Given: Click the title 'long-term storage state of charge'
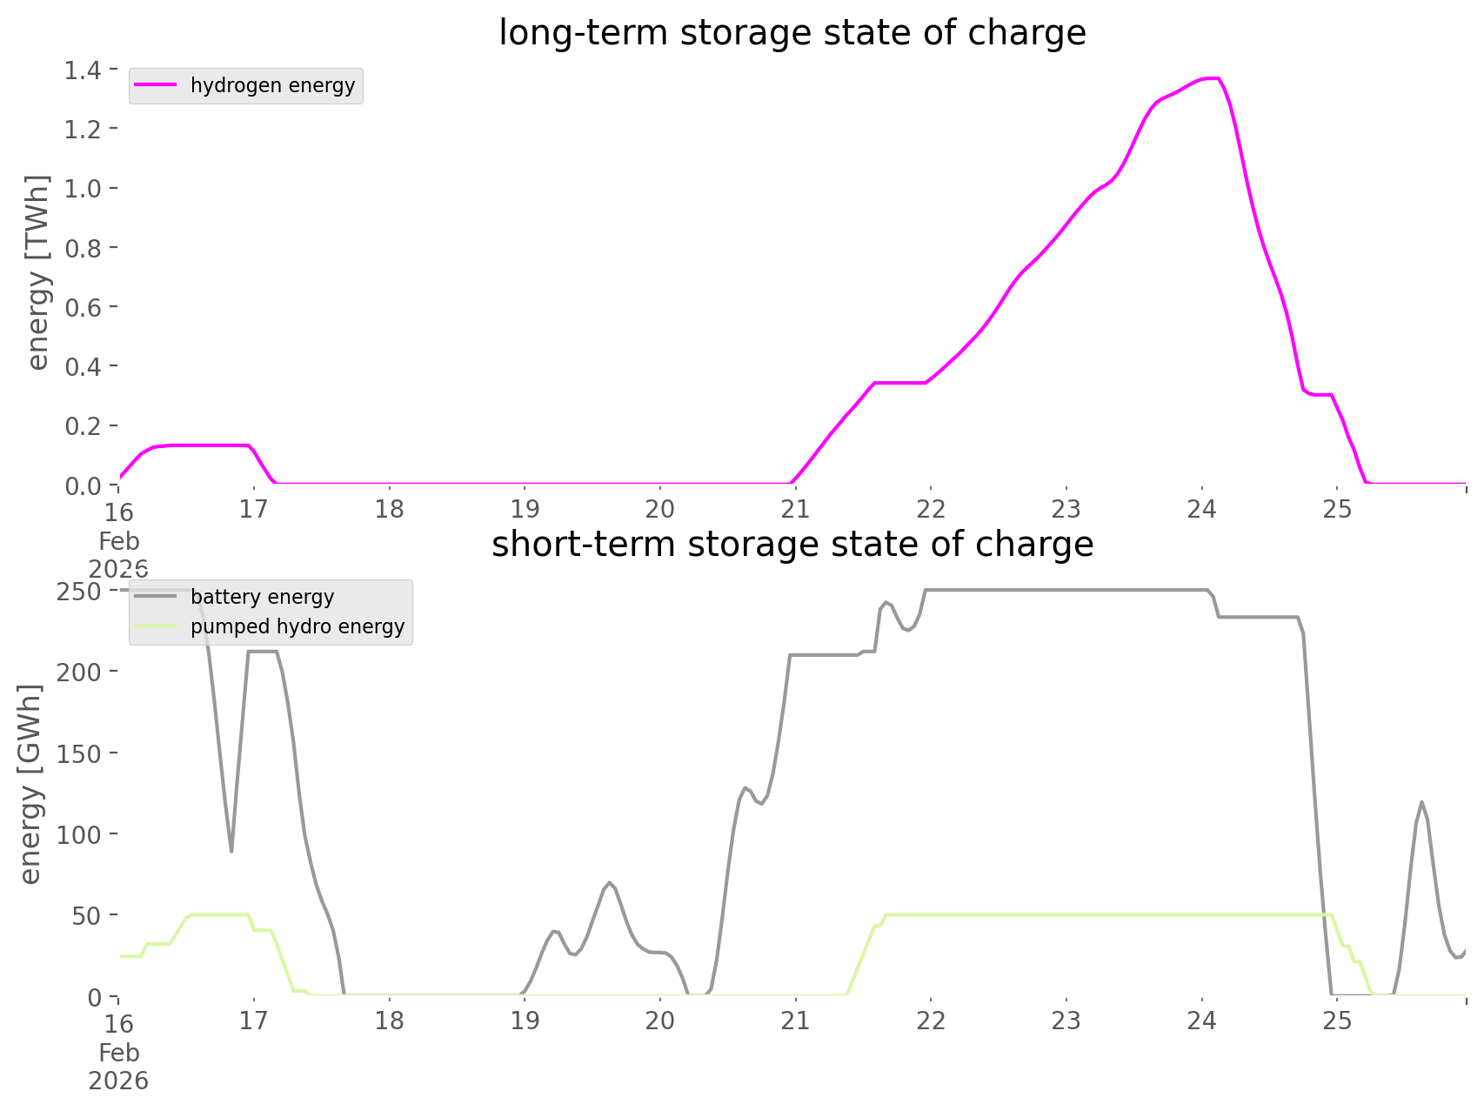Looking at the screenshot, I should click(x=792, y=33).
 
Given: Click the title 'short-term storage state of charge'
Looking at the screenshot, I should click(x=792, y=545).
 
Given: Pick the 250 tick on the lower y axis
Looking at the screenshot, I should click(x=80, y=592).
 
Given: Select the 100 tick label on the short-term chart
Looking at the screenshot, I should click(x=80, y=834).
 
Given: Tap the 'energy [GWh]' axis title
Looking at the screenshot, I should click(x=31, y=785).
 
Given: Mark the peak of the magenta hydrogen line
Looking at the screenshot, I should click(x=1211, y=79).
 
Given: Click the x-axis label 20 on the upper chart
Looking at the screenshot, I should click(x=659, y=509).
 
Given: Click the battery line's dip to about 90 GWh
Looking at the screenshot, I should click(x=231, y=851).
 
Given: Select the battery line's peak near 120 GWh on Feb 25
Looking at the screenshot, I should click(x=1421, y=802).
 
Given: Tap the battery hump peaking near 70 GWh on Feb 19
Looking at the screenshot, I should click(x=610, y=883).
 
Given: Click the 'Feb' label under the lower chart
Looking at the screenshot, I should click(x=118, y=1053).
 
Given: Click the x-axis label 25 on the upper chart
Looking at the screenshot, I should click(x=1337, y=509).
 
